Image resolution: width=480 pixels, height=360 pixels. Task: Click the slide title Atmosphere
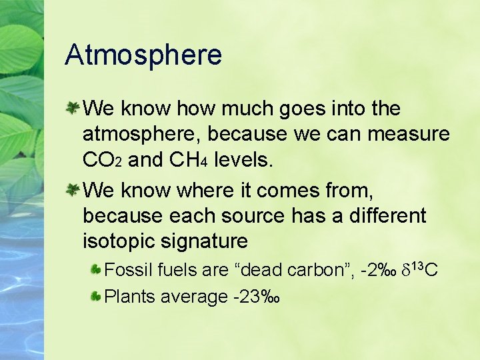tap(143, 55)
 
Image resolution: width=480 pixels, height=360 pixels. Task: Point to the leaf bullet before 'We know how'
tap(73, 107)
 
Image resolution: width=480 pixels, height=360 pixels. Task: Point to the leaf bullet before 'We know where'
tap(73, 190)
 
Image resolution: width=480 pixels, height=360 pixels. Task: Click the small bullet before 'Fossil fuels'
tap(96, 270)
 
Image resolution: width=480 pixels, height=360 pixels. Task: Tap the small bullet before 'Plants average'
tap(96, 296)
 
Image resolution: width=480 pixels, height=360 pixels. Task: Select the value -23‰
tap(255, 296)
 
